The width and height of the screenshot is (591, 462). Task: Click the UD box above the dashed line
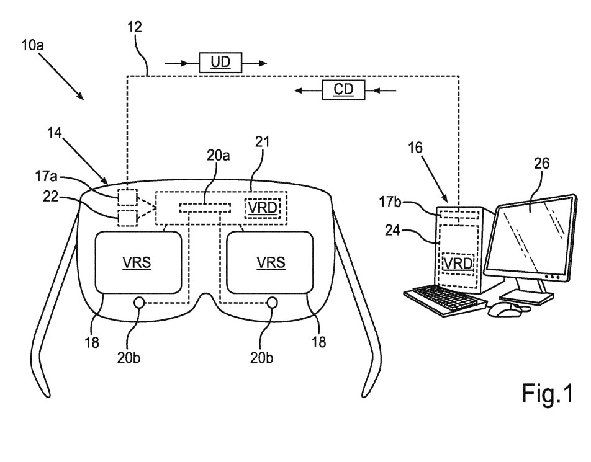coord(220,63)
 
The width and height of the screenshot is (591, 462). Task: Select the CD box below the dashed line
coord(343,90)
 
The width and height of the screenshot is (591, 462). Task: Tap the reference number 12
coord(134,27)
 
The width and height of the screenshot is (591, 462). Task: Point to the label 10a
coord(32,45)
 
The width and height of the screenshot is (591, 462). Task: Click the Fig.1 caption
coord(547,393)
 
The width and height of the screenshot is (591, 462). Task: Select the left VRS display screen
coord(138,262)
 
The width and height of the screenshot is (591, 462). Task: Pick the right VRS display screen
coord(270,262)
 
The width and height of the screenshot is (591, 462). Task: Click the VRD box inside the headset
coord(263,208)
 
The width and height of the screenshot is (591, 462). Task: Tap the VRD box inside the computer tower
coord(458,264)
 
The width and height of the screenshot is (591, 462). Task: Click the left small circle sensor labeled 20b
coord(139,303)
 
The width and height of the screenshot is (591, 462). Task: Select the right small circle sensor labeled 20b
coord(272,303)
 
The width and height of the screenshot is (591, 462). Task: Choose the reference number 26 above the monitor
coord(541,164)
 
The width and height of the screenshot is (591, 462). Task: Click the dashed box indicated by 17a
coord(127,197)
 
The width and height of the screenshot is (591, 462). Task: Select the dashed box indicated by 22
coord(127,218)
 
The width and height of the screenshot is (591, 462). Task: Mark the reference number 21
coord(263,142)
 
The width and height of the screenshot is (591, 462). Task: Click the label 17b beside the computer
coord(390,202)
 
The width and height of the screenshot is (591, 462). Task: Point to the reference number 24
coord(392,229)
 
